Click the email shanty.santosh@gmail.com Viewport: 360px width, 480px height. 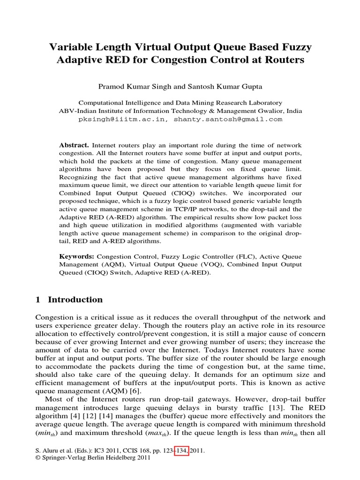pos(228,119)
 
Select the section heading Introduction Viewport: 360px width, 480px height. pos(75,300)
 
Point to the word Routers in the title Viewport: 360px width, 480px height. pos(285,60)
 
